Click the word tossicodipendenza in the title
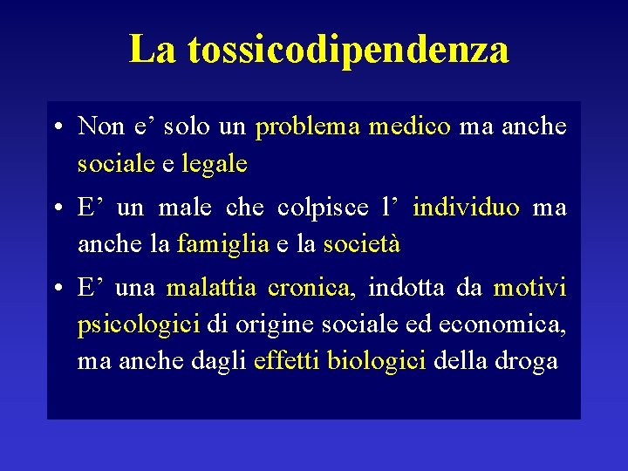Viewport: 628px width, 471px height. pos(347,50)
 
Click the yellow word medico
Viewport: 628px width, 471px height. pos(409,127)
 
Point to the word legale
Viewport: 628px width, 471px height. pos(215,163)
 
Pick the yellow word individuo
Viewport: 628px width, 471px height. pos(466,208)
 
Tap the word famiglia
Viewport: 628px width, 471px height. pos(223,244)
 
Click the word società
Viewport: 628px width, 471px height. pos(361,244)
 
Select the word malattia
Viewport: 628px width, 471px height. pos(211,288)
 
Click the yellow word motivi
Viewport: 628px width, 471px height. pos(529,288)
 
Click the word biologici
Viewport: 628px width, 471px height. pos(376,360)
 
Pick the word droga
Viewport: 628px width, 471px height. pos(526,360)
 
